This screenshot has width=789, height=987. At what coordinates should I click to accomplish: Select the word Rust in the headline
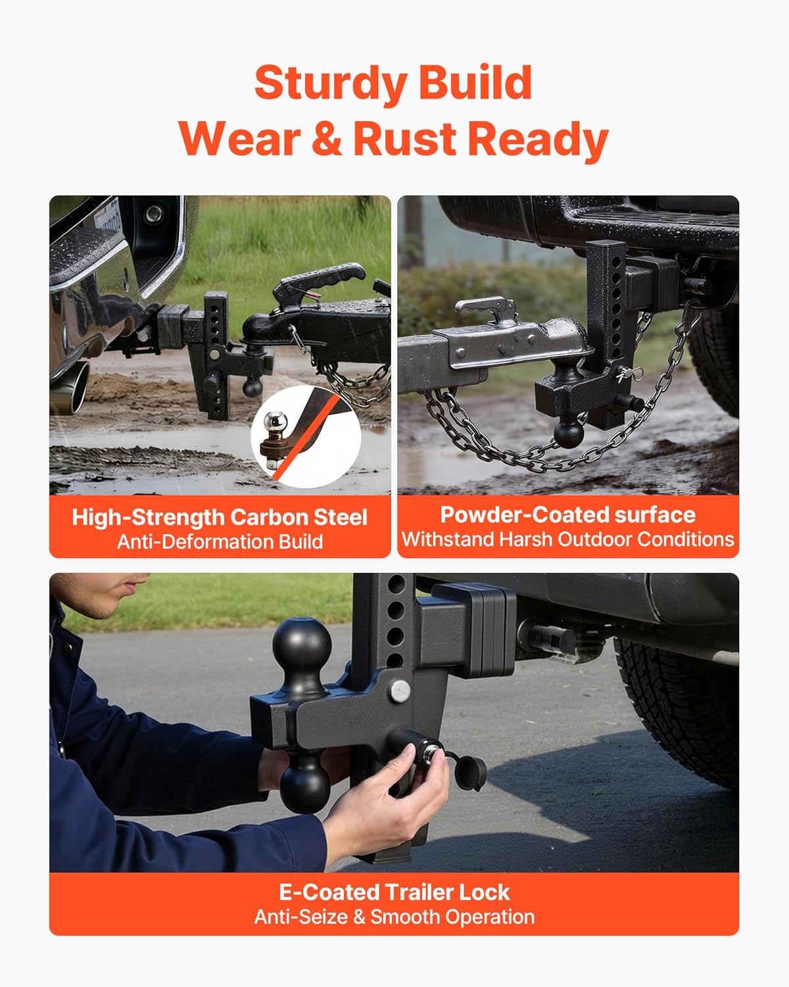pos(404,139)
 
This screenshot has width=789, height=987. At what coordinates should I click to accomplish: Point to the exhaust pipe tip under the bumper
pos(78,388)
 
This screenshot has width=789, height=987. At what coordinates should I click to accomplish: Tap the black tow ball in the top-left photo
pos(252,386)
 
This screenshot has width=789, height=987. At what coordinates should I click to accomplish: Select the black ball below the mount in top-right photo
pos(568,432)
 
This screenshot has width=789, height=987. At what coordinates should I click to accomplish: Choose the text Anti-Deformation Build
pos(220,542)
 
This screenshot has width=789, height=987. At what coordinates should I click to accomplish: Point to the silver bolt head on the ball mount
pos(399,690)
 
